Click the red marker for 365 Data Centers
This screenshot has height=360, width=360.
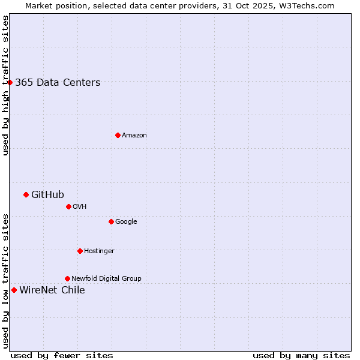[10, 82]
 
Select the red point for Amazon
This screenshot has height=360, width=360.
[118, 135]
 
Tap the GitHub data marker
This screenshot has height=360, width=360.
[26, 194]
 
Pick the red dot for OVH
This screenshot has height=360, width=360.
[68, 206]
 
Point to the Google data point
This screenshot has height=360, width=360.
[111, 221]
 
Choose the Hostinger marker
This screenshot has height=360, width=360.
[80, 251]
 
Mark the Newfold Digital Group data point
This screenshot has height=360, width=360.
[67, 278]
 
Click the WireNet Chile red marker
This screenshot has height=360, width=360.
[14, 290]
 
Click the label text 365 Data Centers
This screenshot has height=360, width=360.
[58, 83]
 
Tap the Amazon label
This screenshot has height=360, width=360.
[134, 136]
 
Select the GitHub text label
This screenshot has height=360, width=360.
[47, 194]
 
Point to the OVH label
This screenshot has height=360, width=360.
[80, 207]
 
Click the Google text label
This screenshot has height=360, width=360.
[126, 222]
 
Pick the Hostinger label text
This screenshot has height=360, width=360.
[99, 251]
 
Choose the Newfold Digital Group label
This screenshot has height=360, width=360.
[106, 278]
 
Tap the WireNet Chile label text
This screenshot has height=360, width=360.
[52, 290]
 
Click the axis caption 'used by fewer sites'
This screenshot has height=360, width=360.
[62, 355]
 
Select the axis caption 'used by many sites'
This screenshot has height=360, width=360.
[301, 355]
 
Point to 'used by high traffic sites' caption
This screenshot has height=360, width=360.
[5, 85]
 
